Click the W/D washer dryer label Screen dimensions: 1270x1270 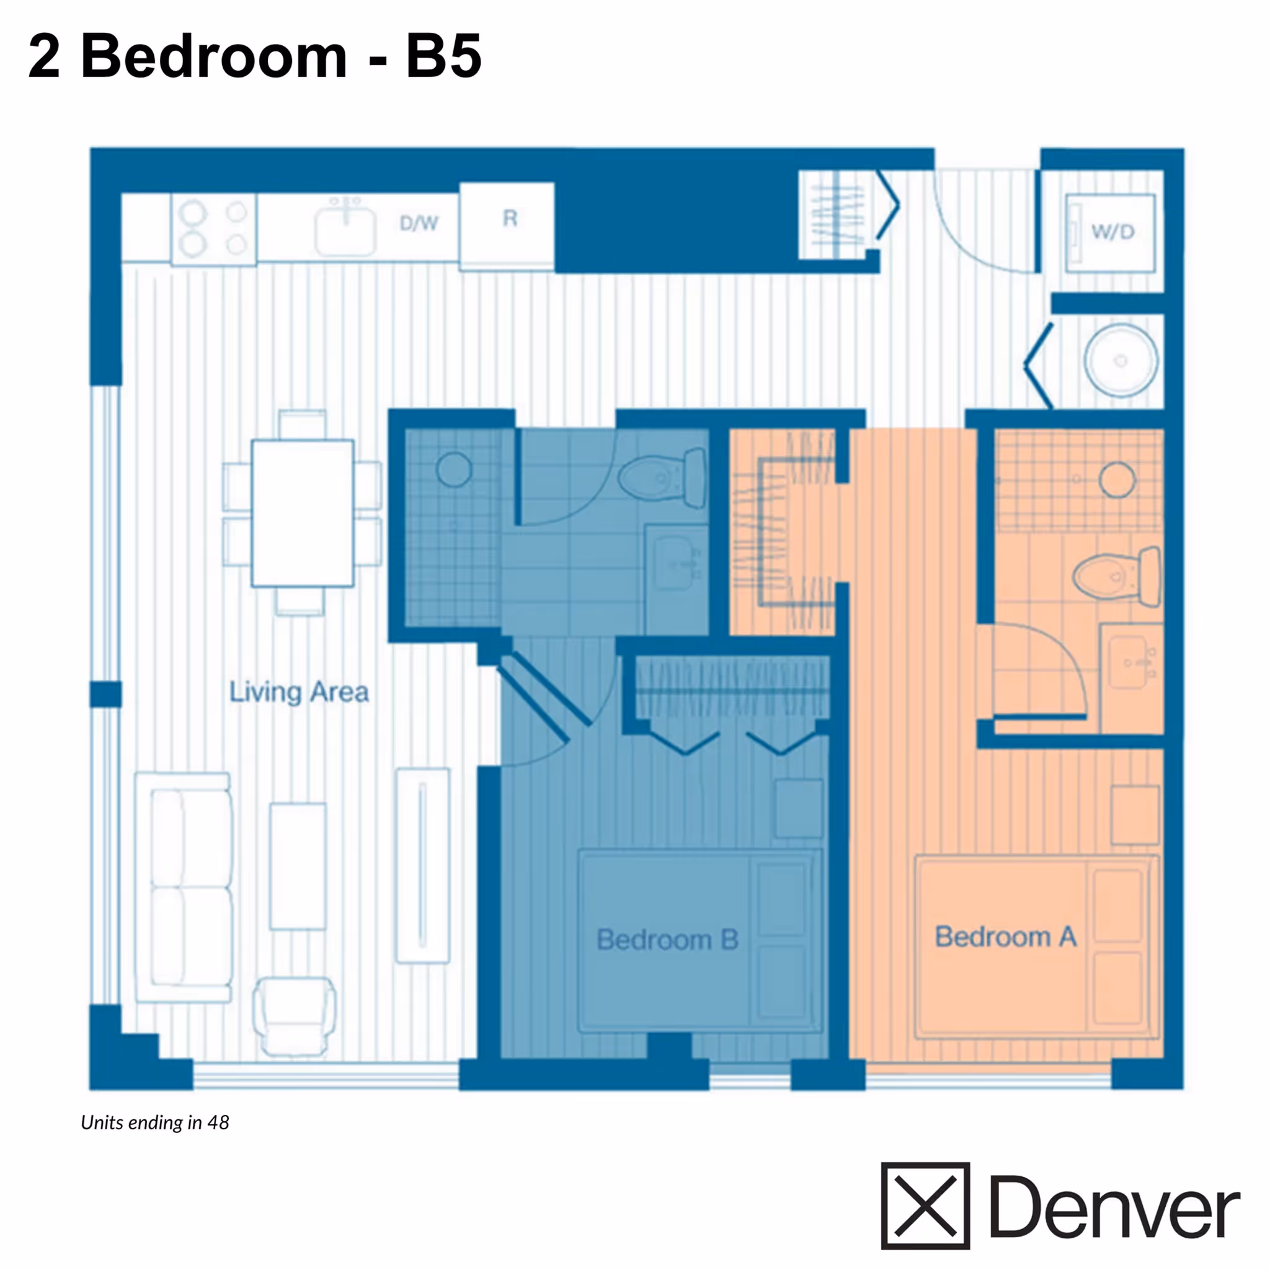click(1112, 231)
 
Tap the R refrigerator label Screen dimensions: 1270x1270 click(510, 219)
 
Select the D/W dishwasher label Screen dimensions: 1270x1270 click(419, 223)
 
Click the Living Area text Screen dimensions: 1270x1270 click(298, 692)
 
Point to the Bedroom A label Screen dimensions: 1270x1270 click(1005, 937)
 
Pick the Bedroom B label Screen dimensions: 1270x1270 click(667, 939)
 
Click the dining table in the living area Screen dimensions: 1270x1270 click(302, 513)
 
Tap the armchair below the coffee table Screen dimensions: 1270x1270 click(294, 1015)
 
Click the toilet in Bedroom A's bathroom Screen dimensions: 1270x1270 click(1116, 576)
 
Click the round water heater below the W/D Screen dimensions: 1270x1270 click(1120, 360)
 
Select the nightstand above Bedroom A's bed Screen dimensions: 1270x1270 click(1135, 815)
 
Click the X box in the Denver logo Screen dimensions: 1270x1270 click(925, 1206)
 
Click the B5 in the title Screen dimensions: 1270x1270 click(444, 56)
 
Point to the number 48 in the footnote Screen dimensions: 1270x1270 click(218, 1123)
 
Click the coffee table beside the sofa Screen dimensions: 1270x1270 click(298, 866)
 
